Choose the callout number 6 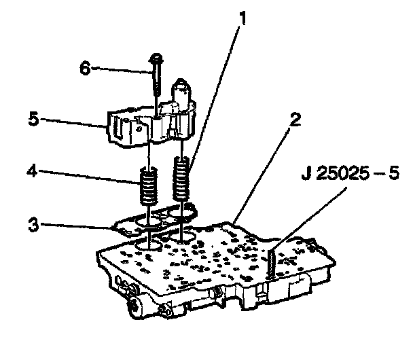[85, 68]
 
